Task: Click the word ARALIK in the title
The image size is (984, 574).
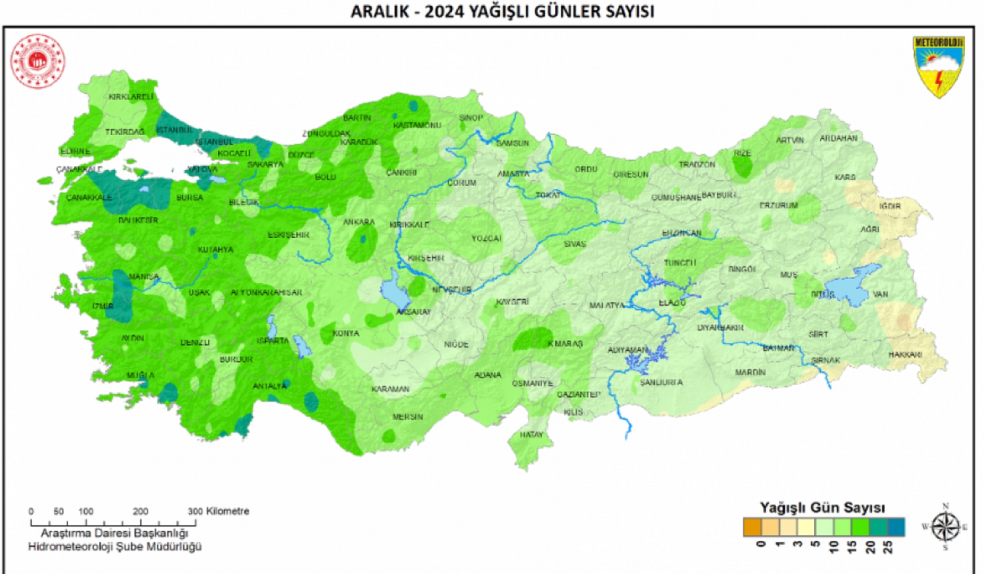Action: click(380, 11)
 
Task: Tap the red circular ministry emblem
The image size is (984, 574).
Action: click(37, 61)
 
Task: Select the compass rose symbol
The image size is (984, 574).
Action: click(945, 527)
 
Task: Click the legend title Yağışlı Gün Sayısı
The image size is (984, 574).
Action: click(822, 507)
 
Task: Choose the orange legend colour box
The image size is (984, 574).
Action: click(752, 527)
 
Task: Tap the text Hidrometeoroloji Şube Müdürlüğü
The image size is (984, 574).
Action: click(115, 546)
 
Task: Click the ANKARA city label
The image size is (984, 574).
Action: click(359, 222)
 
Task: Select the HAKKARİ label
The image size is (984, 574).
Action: click(905, 354)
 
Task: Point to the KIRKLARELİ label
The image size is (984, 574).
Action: click(131, 97)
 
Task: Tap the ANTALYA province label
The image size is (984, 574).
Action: click(269, 386)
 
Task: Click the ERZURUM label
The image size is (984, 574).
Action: click(778, 206)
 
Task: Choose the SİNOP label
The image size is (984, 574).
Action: click(471, 118)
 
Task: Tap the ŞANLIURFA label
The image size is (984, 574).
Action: click(661, 382)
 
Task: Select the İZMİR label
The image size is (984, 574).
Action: click(103, 306)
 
